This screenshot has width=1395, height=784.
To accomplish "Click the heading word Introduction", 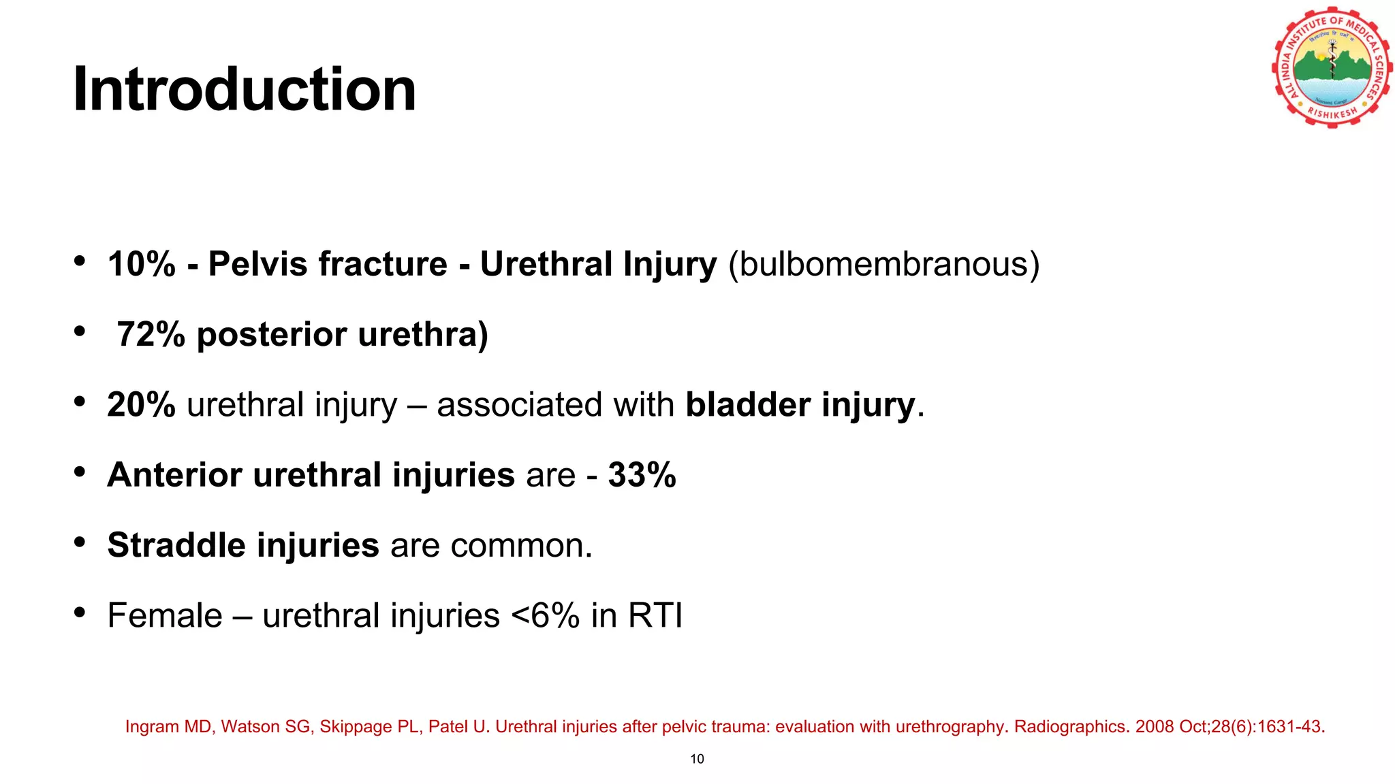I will tap(244, 90).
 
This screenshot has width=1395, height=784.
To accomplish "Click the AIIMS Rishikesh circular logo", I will tap(1332, 67).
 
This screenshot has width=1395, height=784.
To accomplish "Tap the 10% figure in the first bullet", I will tap(142, 264).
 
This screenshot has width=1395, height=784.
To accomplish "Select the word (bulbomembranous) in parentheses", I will tap(883, 264).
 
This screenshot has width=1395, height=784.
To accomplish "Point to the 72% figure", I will tap(151, 334).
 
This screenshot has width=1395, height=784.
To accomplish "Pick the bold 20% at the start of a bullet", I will tap(142, 405).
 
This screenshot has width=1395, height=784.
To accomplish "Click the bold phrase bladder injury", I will tap(800, 405).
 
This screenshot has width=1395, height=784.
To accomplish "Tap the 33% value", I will tap(642, 475).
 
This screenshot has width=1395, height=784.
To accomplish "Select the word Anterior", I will tap(174, 475).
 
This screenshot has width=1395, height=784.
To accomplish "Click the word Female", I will tap(165, 616).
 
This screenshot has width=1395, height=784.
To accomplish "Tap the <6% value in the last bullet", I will tap(545, 616).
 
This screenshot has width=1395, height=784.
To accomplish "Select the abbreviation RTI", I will tap(655, 616).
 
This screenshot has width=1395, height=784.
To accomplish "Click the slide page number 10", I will tap(697, 759).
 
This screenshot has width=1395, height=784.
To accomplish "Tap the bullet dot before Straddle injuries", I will tap(80, 542).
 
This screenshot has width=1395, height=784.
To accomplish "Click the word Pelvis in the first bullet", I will tap(257, 264).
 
